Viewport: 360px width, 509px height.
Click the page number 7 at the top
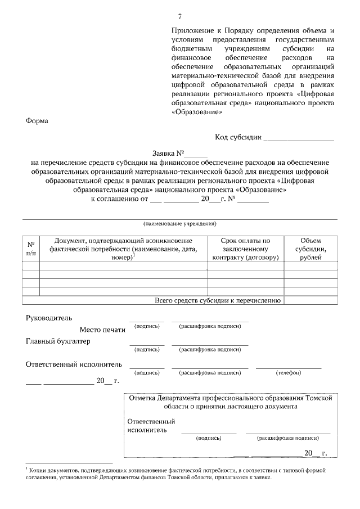[180, 15]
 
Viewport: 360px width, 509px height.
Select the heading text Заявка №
[168, 153]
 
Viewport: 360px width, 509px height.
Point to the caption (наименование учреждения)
[180, 223]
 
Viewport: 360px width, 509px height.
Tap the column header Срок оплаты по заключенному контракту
[245, 249]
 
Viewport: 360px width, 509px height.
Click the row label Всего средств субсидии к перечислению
[217, 300]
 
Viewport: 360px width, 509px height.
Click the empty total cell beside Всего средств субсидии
[310, 300]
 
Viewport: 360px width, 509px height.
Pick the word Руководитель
[49, 319]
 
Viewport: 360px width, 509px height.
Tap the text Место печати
[102, 330]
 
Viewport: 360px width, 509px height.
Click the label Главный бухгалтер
[58, 341]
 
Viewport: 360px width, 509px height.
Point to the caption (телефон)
[289, 372]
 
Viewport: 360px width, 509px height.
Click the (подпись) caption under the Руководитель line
[147, 326]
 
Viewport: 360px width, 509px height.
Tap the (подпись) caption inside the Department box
[208, 437]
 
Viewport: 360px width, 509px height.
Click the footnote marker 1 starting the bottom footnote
[27, 467]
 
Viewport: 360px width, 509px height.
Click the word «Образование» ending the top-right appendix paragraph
[192, 112]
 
